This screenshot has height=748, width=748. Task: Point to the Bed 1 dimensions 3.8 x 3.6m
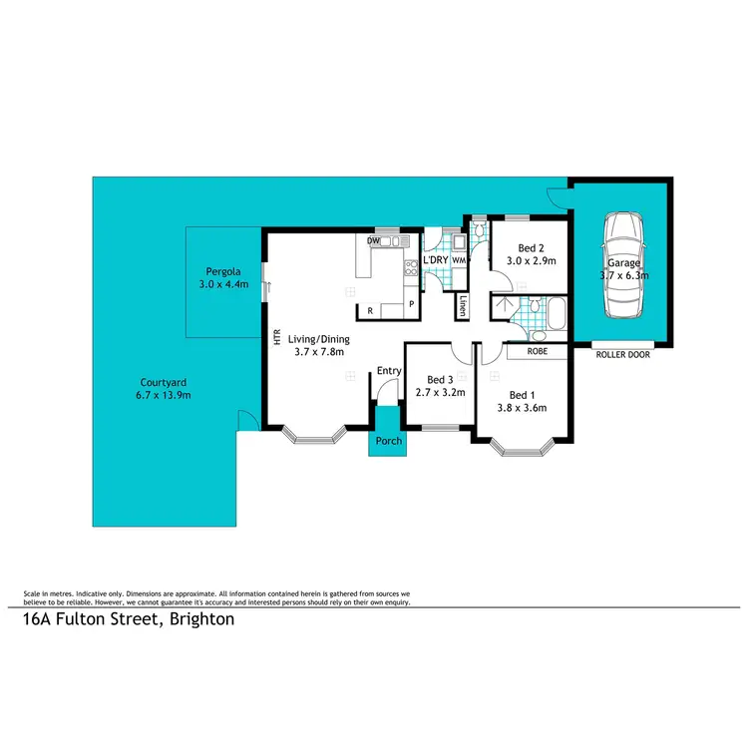click(x=522, y=407)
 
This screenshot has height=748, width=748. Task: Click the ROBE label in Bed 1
click(x=537, y=351)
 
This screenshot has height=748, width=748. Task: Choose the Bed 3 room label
click(x=440, y=379)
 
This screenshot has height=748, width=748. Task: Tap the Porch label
click(x=387, y=441)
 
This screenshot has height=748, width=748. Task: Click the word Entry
click(x=388, y=371)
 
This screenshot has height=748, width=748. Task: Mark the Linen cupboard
click(x=463, y=307)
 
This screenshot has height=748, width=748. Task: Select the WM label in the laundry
click(x=458, y=260)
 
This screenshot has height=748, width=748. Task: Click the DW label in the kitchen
click(x=373, y=241)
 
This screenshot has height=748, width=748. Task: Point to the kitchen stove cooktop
click(x=409, y=267)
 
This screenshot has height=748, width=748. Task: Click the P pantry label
click(x=410, y=305)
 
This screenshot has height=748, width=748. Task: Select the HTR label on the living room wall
click(x=276, y=338)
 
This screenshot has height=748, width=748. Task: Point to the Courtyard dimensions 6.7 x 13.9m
click(x=166, y=395)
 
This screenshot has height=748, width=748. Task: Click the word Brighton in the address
click(x=202, y=619)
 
